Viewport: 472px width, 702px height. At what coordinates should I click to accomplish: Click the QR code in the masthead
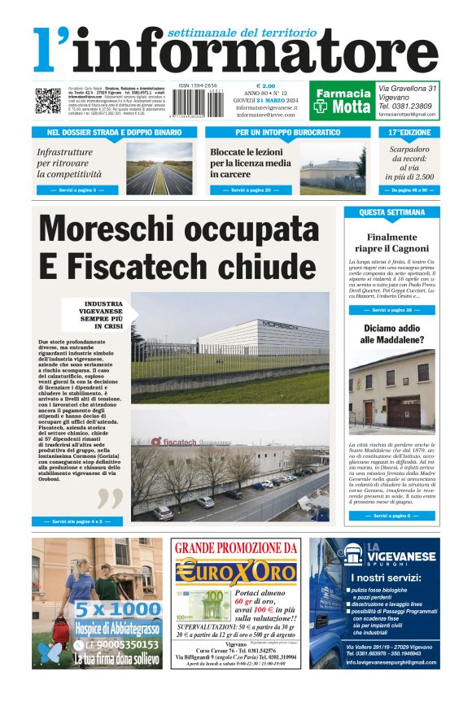[48, 101]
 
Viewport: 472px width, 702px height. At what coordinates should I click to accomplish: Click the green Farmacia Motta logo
[342, 100]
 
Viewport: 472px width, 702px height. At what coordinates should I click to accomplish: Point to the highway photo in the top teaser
[159, 168]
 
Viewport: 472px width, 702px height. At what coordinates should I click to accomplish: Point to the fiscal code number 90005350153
[107, 646]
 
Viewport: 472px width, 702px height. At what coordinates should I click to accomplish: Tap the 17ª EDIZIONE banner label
[410, 132]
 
